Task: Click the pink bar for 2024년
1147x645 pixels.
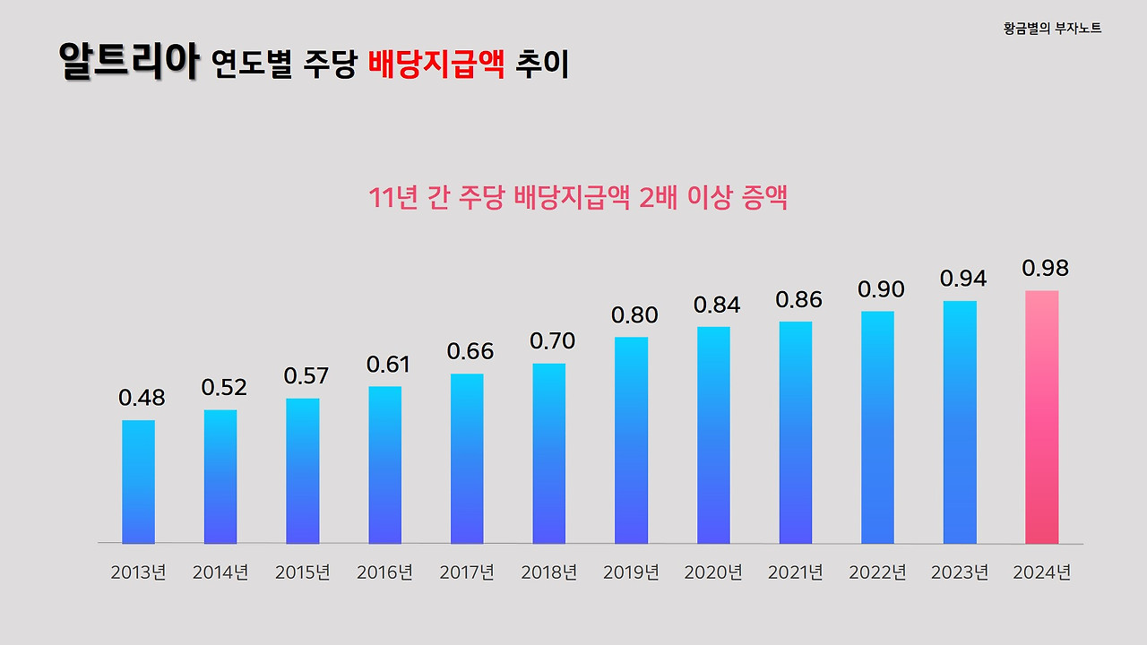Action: tap(1041, 417)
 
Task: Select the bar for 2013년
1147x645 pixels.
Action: tap(138, 482)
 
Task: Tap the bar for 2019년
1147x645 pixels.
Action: tap(631, 441)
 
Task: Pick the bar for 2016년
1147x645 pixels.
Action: tap(384, 465)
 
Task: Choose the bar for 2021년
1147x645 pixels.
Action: tap(796, 433)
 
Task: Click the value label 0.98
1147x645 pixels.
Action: tap(1045, 269)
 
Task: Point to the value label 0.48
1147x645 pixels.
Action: tap(142, 399)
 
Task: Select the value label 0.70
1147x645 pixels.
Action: tap(552, 341)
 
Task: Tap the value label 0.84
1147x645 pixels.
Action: tap(717, 305)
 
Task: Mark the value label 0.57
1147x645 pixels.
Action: tap(306, 376)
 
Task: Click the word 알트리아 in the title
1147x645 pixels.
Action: tap(127, 62)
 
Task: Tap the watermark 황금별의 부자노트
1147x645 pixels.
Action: tap(1052, 29)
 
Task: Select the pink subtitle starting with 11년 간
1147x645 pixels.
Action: tap(578, 198)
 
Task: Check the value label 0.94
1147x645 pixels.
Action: tap(963, 279)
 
